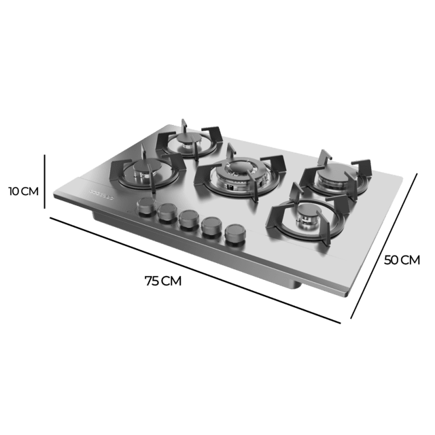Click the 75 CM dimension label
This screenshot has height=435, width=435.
[163, 281]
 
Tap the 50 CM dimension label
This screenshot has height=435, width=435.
[402, 260]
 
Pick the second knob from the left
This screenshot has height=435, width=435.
[167, 214]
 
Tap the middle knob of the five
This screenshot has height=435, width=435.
[188, 220]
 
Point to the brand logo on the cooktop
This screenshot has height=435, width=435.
[101, 192]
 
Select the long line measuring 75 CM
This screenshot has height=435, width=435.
[197, 269]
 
